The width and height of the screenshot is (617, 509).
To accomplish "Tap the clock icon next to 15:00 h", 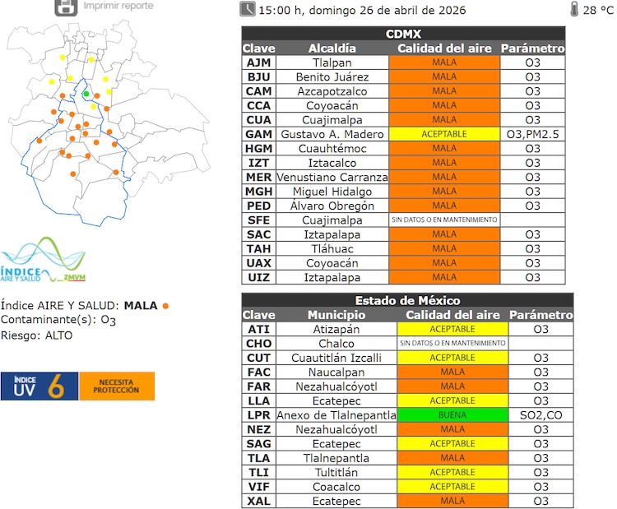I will [x=247, y=10].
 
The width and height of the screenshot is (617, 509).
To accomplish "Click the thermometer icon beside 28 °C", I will [x=573, y=10].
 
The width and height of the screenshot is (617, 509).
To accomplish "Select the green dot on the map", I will [x=86, y=94].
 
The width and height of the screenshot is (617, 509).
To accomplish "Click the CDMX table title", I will [x=403, y=34].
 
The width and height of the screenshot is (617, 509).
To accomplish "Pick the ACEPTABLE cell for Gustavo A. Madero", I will [x=443, y=134].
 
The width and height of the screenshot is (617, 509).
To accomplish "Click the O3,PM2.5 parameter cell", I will [x=533, y=134].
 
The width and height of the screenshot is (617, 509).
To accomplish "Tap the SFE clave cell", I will [x=258, y=220].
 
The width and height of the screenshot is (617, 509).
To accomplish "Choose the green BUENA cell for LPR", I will [x=452, y=415].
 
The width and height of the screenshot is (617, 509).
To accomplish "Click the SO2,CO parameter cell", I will [x=540, y=415].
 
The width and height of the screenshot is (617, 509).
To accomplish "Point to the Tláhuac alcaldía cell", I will [x=334, y=249].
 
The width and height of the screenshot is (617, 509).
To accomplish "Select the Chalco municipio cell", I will [x=335, y=343].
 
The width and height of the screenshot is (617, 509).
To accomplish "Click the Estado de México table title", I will [x=407, y=300].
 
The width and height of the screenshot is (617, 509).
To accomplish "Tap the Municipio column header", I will [x=335, y=315].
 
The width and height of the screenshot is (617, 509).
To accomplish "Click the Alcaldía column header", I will [x=333, y=49].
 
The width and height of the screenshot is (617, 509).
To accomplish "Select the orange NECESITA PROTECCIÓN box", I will [x=117, y=386].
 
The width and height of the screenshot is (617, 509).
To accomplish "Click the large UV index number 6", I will [x=56, y=387].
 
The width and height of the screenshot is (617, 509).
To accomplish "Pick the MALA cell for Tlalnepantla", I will [x=452, y=458].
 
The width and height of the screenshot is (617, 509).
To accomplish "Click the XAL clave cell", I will [x=258, y=501].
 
